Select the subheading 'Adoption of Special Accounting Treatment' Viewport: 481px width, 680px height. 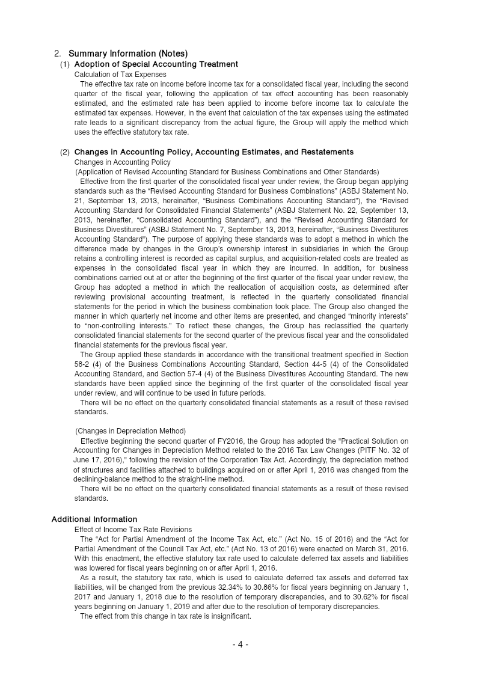(x=156, y=64)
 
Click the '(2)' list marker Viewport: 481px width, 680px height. (x=64, y=152)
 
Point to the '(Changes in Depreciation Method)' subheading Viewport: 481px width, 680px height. (x=130, y=431)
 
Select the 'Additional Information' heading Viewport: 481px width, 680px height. (x=94, y=519)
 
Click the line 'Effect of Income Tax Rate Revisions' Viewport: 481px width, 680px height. (x=133, y=529)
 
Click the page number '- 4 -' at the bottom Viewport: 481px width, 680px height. (x=240, y=645)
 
